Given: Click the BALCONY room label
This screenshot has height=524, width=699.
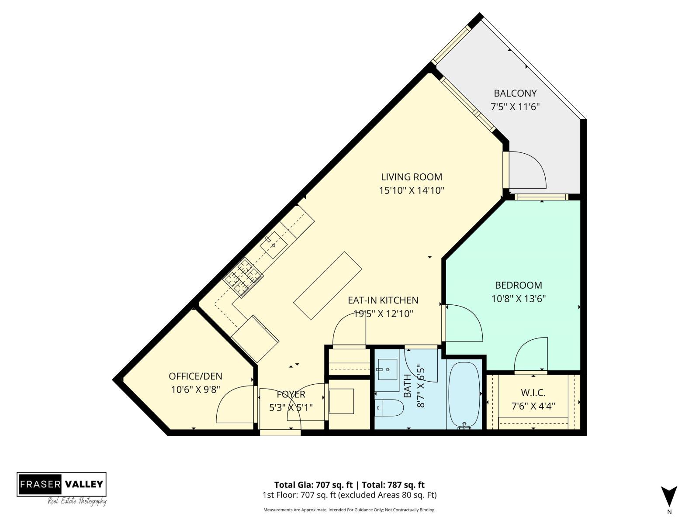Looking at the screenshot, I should (515, 93).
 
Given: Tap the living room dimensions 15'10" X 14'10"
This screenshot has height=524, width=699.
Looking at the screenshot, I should (412, 190).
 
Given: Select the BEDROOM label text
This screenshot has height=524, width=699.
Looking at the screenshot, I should (518, 285).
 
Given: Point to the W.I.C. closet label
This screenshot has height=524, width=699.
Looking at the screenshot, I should (533, 393).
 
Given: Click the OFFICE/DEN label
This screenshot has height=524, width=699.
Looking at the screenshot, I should (195, 376).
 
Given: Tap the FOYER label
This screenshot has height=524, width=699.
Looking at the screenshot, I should (291, 394).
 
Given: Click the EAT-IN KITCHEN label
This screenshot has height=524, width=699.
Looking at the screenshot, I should (383, 300).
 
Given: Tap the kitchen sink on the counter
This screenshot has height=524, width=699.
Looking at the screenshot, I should (273, 245).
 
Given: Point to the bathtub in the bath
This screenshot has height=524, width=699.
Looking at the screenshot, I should (464, 395).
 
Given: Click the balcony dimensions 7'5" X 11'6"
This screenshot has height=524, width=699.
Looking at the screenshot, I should (515, 106).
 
